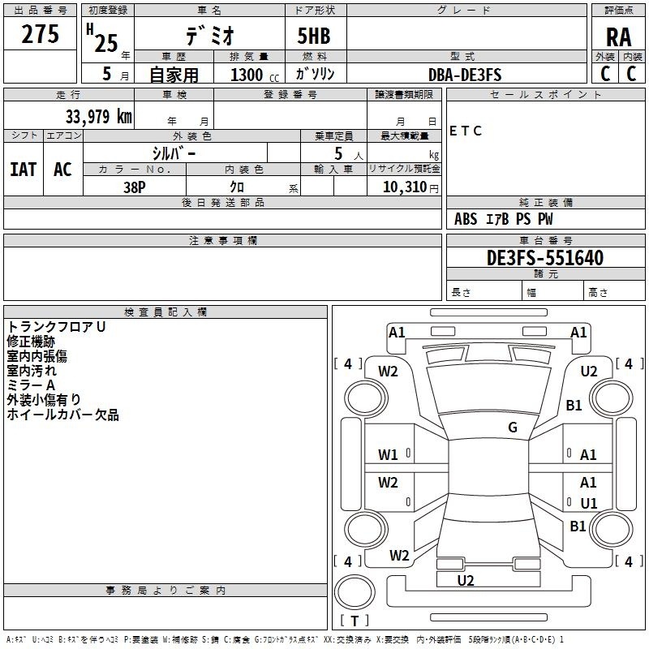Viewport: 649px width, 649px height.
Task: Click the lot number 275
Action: [x=41, y=35]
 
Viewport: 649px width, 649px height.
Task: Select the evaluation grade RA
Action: [x=619, y=38]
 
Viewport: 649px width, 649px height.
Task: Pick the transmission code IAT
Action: [x=23, y=169]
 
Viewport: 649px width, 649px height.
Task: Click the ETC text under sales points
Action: [x=466, y=131]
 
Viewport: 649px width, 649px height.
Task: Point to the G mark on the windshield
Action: [x=513, y=427]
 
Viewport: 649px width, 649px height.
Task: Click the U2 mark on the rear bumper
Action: [x=465, y=580]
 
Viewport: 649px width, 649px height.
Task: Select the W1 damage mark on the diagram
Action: [x=388, y=455]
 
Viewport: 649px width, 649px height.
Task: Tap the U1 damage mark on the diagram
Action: [x=588, y=503]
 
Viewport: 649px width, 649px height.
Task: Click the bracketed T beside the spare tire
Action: [x=355, y=621]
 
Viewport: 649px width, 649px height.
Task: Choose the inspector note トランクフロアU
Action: [x=57, y=327]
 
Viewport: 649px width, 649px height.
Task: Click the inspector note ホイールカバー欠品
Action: [x=62, y=415]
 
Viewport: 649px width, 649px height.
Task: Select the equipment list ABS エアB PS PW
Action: [x=504, y=219]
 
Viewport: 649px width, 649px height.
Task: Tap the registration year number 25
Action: [x=105, y=42]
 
